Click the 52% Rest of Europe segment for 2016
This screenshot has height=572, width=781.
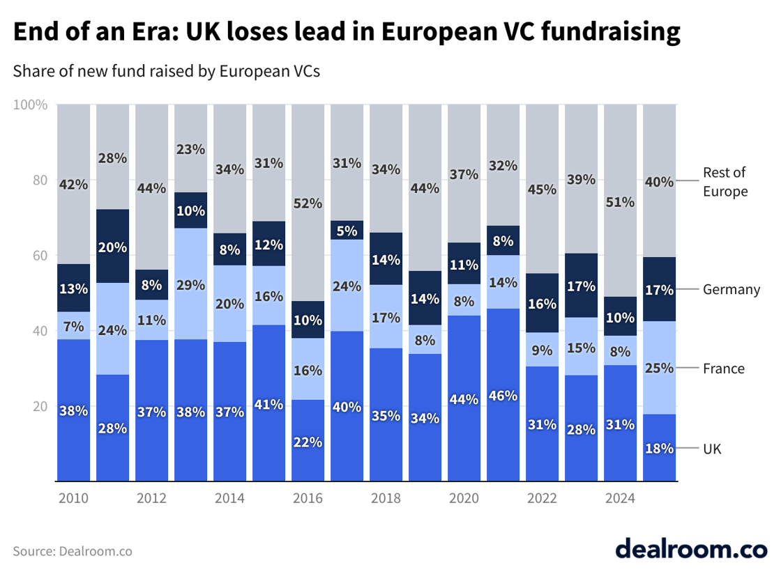[x=308, y=203]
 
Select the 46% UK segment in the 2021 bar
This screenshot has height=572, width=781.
[x=503, y=394]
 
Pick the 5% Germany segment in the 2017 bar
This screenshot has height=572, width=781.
[x=347, y=230]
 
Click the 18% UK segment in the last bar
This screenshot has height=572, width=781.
[x=660, y=447]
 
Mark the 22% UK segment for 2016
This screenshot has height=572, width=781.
[x=308, y=440]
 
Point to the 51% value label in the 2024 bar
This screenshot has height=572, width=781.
[x=621, y=202]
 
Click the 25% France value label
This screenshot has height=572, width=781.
[x=660, y=367]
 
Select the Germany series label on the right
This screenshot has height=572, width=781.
[x=731, y=289]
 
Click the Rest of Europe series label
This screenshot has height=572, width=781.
[x=725, y=182]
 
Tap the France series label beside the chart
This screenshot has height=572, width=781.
[x=724, y=369]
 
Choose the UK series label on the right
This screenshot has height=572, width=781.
[x=712, y=449]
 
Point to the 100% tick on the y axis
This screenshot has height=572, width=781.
[x=31, y=105]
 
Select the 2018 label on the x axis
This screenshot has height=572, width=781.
[x=386, y=499]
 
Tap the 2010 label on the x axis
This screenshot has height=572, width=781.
[x=73, y=499]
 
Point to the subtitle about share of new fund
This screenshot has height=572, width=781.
[x=166, y=71]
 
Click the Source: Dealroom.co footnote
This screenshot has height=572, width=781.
[x=73, y=551]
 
